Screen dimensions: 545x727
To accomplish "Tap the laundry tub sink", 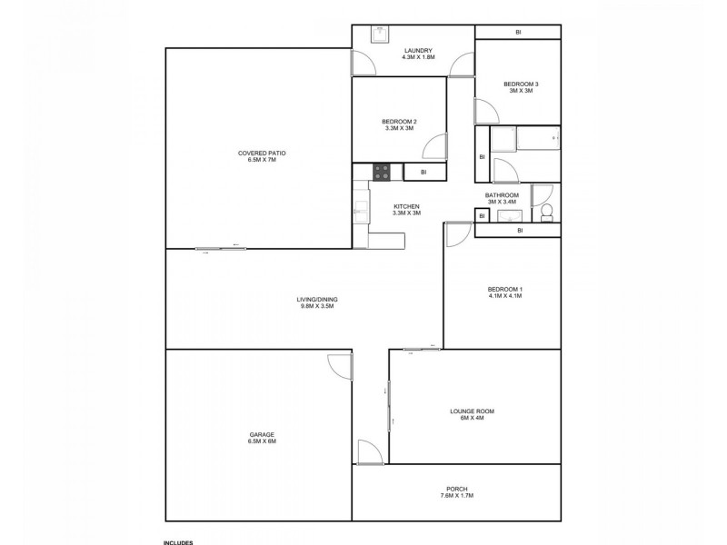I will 380,35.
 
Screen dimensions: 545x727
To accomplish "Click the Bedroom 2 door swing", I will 434,146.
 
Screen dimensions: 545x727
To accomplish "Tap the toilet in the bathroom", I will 547,213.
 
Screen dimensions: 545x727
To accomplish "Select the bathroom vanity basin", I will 508,215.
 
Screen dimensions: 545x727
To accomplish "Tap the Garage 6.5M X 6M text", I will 262,441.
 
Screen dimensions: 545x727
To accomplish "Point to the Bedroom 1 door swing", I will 457,233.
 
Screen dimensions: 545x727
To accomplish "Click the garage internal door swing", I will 339,366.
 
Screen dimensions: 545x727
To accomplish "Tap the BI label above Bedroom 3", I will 518,33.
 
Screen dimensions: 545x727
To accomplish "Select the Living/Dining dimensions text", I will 317,306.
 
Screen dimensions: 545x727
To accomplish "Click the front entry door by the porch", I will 370,452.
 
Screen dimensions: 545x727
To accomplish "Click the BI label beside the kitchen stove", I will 423,172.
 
